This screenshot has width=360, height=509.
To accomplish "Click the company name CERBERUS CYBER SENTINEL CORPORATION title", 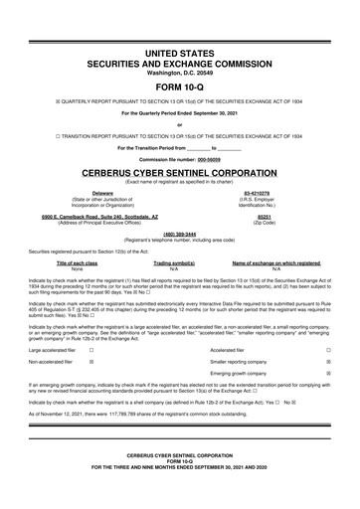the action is point(179,170).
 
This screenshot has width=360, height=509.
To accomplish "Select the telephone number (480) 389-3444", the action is point(179,236).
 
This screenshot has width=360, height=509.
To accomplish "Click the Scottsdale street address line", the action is point(102,215).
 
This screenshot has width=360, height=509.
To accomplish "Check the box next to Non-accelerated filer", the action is point(91,363).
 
